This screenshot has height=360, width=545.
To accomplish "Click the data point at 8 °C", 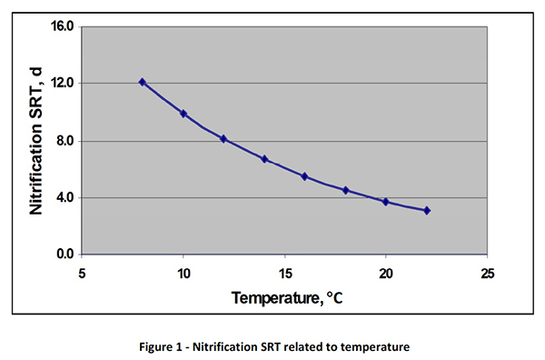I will point(143,82).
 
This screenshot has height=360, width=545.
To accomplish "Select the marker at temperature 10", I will point(183,114).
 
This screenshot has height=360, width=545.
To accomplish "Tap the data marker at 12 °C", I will point(223,139).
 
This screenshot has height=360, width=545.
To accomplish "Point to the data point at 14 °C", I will point(264,159).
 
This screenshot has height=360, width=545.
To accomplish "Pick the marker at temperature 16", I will point(304,176).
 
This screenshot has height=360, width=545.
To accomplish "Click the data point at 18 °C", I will point(345,190).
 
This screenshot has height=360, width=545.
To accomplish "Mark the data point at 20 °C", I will point(385,202).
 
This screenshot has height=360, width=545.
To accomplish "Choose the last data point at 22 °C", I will point(426,210).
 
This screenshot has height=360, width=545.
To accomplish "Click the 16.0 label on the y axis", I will point(61,26).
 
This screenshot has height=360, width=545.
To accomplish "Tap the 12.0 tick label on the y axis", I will point(61,84).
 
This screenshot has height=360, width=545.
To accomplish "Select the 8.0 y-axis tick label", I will point(64,141).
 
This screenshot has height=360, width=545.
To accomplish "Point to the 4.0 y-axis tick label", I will point(64,197).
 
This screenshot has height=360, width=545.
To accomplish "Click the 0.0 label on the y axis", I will point(64,255).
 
